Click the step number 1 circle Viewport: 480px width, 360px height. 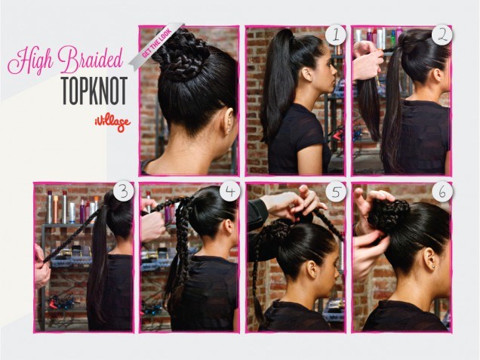click(x=336, y=35)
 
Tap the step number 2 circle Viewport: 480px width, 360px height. click(x=442, y=35)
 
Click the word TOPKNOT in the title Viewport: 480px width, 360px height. click(x=94, y=91)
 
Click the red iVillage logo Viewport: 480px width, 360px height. click(x=112, y=124)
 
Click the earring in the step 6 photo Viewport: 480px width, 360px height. click(x=435, y=268)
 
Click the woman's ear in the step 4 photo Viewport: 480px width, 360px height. click(x=229, y=226)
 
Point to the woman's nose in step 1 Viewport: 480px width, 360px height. click(x=336, y=72)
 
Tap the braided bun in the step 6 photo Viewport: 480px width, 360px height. click(x=388, y=212)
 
